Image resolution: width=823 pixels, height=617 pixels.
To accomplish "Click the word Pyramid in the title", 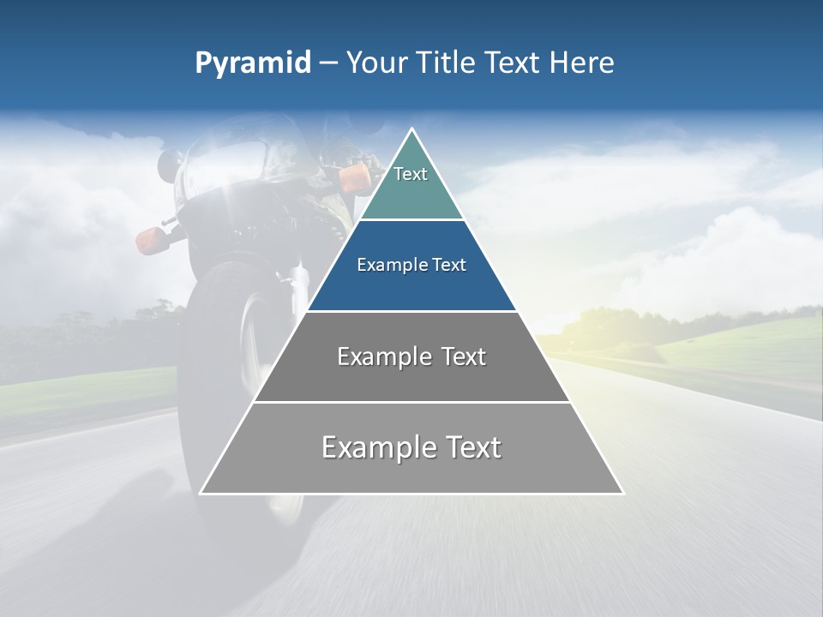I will (252, 63).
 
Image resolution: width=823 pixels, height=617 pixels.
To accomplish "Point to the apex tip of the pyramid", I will (411, 130).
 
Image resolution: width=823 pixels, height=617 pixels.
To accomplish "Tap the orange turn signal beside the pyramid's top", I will (353, 177).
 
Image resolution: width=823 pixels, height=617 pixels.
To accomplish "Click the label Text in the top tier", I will (411, 174).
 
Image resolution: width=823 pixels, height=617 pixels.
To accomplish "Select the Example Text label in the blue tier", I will (411, 265).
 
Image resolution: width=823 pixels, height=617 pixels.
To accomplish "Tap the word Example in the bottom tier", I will (373, 447).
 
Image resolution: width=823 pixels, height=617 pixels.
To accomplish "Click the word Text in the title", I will (513, 63).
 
